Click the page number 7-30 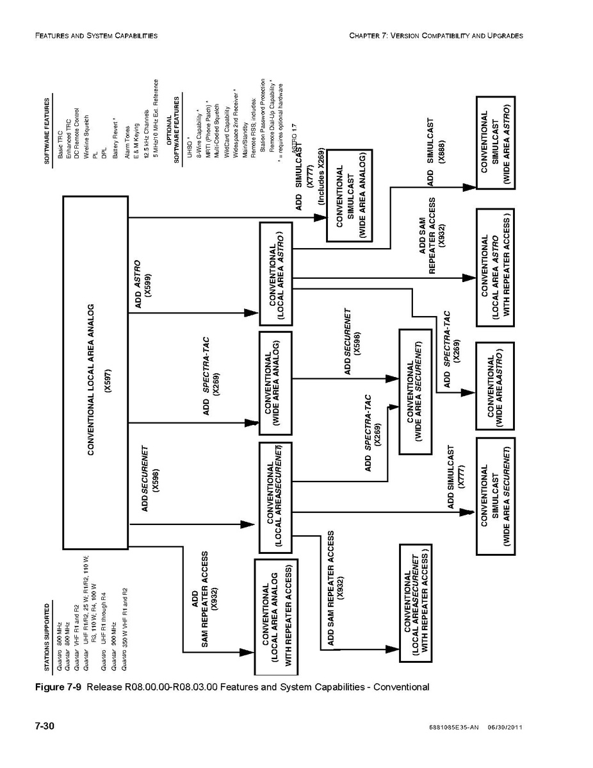tap(44, 726)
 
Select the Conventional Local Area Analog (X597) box tap(95, 372)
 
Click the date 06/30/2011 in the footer tap(505, 727)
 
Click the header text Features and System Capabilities tap(96, 35)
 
